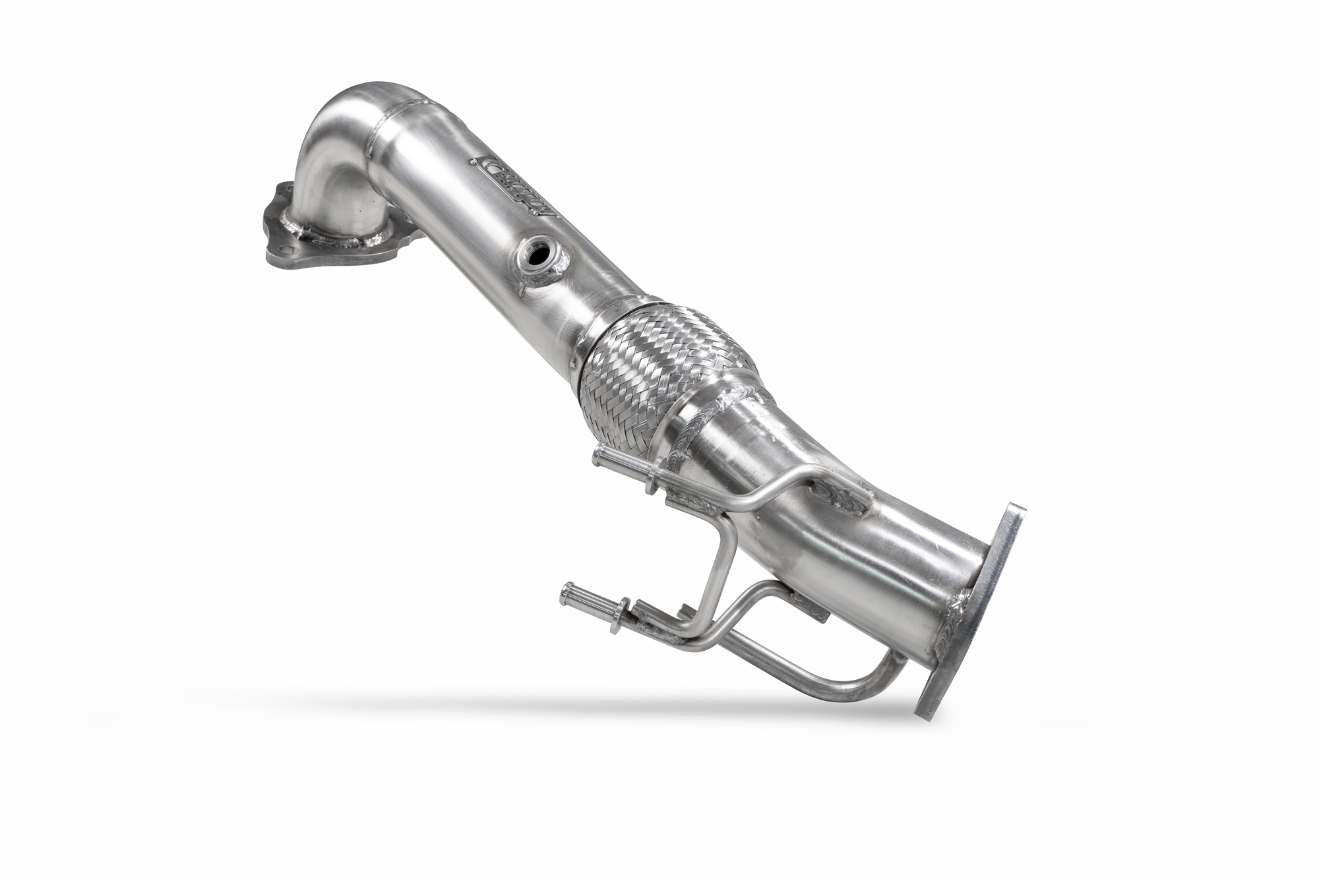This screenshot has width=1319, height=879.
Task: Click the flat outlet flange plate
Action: point(969,611)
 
